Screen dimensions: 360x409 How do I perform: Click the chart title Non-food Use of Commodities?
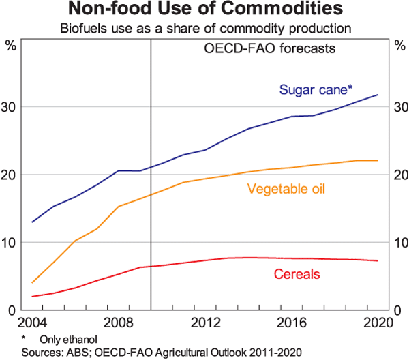tap(204, 10)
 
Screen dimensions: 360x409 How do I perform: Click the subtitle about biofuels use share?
tap(204, 29)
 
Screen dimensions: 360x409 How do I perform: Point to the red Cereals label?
tap(297, 274)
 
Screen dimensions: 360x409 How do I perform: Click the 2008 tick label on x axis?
tap(119, 322)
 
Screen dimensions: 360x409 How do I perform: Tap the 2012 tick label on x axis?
tap(204, 322)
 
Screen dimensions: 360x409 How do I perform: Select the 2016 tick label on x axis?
tap(292, 322)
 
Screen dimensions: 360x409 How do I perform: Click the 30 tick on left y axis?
tap(12, 107)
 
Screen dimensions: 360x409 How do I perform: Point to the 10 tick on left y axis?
tap(12, 243)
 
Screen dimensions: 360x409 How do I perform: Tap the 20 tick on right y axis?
tap(397, 175)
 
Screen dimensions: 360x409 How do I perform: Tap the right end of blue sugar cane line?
tap(378, 95)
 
